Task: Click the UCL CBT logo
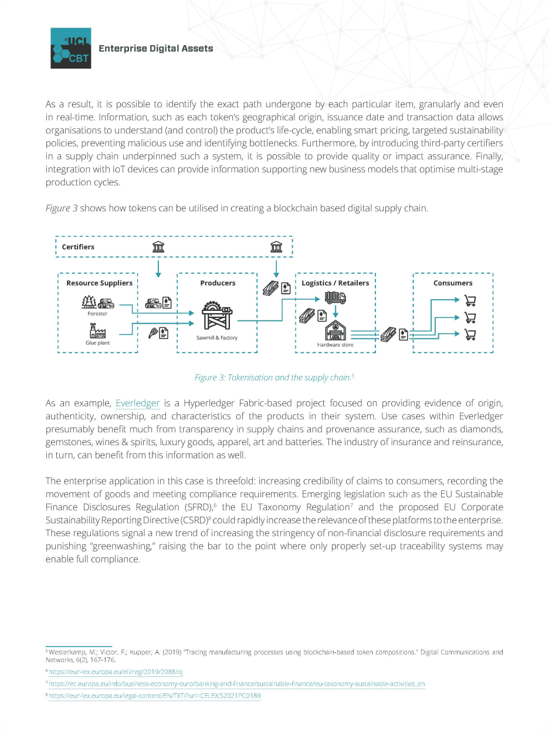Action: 70,48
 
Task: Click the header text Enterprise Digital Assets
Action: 155,48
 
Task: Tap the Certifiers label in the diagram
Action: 78,247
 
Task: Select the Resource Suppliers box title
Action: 99,283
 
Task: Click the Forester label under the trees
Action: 98,314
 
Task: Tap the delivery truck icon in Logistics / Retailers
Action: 335,298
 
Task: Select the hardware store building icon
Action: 335,331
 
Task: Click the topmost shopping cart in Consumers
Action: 470,301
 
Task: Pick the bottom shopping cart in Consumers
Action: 470,335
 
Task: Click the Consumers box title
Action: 453,283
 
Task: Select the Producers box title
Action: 218,283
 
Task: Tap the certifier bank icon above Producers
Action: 158,247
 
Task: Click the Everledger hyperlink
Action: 138,404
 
